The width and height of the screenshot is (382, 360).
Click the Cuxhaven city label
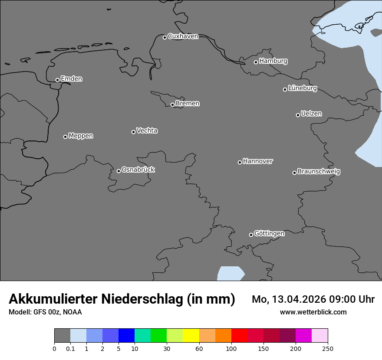pyautogui.click(x=183, y=36)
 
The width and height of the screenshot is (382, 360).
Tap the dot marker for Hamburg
pyautogui.click(x=256, y=62)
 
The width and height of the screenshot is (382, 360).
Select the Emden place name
pyautogui.click(x=71, y=79)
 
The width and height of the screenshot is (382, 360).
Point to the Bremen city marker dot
pyautogui.click(x=172, y=105)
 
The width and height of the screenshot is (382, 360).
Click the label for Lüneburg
pyautogui.click(x=302, y=88)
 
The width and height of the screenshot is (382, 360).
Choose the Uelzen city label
pyautogui.click(x=311, y=114)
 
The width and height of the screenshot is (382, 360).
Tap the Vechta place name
pyautogui.click(x=147, y=131)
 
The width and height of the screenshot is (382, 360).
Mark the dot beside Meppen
pyautogui.click(x=65, y=137)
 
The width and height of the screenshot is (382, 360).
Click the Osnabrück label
pyautogui.click(x=138, y=170)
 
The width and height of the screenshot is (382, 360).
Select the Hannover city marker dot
pyautogui.click(x=240, y=162)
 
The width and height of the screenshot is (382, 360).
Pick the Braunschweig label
pyautogui.click(x=319, y=172)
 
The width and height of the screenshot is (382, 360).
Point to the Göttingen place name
pyautogui.click(x=269, y=234)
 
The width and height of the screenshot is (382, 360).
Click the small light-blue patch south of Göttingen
pyautogui.click(x=230, y=274)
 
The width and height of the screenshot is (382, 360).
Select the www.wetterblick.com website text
pyautogui.click(x=313, y=312)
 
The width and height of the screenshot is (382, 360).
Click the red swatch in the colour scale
pyautogui.click(x=239, y=336)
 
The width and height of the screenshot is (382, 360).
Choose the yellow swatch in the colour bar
pyautogui.click(x=191, y=336)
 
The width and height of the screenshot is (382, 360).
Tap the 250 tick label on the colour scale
pyautogui.click(x=328, y=348)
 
